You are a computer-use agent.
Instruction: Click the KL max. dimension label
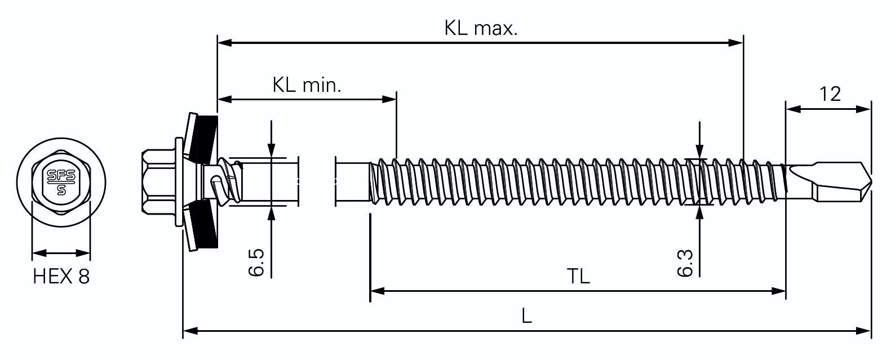pyautogui.click(x=481, y=29)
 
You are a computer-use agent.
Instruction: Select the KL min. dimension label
pyautogui.click(x=307, y=85)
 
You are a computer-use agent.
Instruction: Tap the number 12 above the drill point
pyautogui.click(x=830, y=94)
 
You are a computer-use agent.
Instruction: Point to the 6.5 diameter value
pyautogui.click(x=256, y=262)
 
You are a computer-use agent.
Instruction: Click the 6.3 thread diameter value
pyautogui.click(x=685, y=263)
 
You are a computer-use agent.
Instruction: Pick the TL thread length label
pyautogui.click(x=578, y=277)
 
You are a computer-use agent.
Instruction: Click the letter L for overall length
pyautogui.click(x=526, y=316)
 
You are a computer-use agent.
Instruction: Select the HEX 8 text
pyautogui.click(x=61, y=277)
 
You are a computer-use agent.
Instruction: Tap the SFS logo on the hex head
pyautogui.click(x=61, y=183)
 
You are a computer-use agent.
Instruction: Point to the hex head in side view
pyautogui.click(x=159, y=182)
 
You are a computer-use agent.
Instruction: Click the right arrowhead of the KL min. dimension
pyautogui.click(x=389, y=99)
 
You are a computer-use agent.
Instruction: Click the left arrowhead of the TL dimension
pyautogui.click(x=378, y=291)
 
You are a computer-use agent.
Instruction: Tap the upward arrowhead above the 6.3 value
pyautogui.click(x=700, y=213)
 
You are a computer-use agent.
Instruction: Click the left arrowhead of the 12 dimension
pyautogui.click(x=794, y=109)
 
